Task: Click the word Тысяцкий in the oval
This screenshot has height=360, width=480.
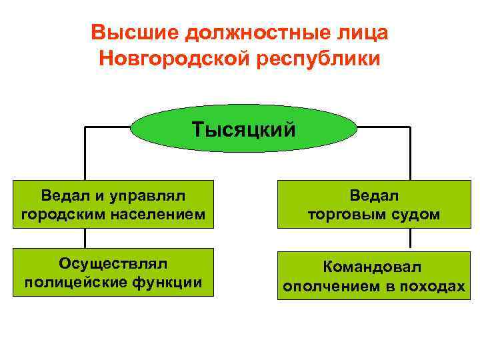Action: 243,128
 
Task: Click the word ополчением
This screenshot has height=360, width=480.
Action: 333,286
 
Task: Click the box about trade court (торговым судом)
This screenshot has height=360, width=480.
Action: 372,205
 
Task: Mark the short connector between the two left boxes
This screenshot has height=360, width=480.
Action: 85,239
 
